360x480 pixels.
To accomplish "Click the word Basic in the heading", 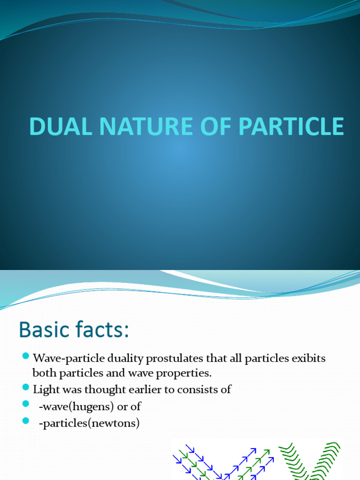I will (x=45, y=331).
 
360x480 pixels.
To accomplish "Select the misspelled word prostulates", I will (x=159, y=359).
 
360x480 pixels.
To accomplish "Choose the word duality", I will (x=114, y=359).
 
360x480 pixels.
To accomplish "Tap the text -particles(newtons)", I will (x=89, y=424).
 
